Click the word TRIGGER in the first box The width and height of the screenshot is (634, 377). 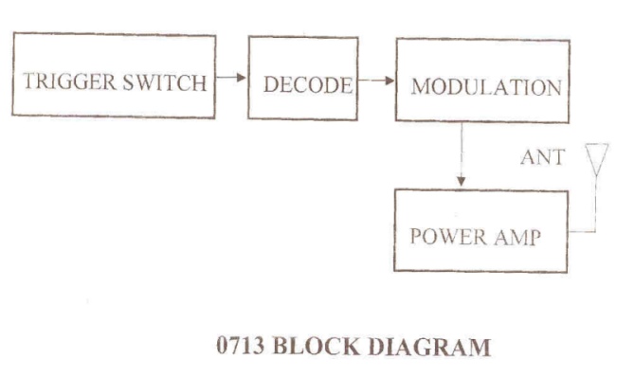(69, 81)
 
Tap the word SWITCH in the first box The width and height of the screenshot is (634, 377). (165, 82)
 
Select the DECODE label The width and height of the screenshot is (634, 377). (308, 85)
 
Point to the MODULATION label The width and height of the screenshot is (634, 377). (486, 87)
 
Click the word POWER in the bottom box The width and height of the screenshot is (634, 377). (448, 237)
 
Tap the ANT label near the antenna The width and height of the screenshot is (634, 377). (543, 157)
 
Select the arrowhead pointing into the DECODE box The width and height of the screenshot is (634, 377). (242, 77)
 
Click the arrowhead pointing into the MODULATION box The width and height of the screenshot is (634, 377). (389, 81)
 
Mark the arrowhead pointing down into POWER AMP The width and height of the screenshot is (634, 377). (461, 182)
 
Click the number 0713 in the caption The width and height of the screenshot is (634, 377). (241, 346)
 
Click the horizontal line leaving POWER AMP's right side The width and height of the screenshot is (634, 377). (582, 232)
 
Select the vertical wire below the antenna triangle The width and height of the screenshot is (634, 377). (595, 204)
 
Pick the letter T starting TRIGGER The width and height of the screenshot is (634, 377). (29, 81)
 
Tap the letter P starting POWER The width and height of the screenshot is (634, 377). (416, 236)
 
